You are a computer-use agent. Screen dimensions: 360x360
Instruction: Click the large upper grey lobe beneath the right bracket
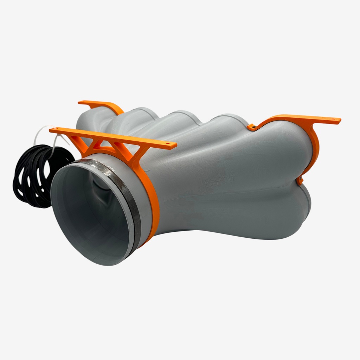[246, 158]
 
